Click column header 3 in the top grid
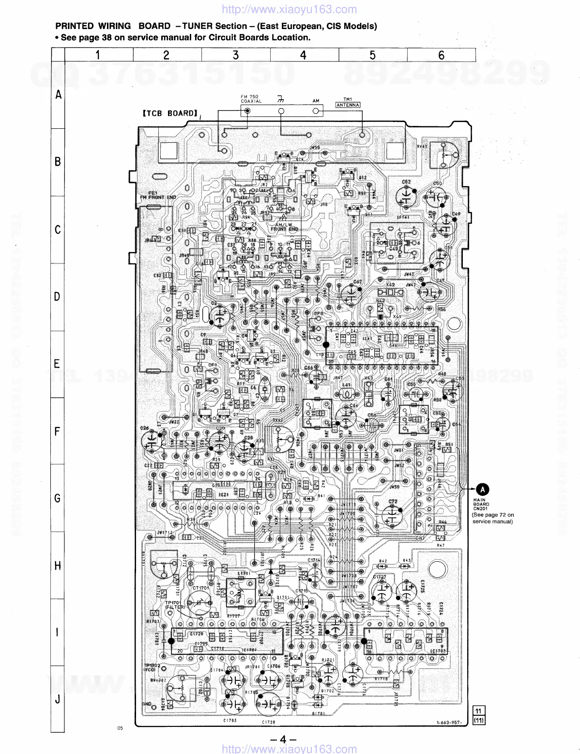236,55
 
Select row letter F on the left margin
58,431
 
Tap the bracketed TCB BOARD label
169,113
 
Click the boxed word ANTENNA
348,105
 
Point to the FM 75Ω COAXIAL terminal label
251,99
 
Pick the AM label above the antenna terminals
316,101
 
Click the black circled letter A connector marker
483,490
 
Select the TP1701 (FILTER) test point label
174,605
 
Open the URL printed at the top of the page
290,9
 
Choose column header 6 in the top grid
441,55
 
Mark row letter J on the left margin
58,699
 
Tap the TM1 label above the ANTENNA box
348,99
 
